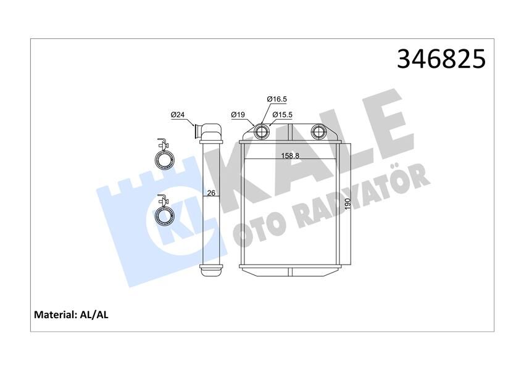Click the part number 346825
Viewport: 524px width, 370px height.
441,59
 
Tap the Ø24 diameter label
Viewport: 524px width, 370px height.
178,115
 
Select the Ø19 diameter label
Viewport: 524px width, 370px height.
238,115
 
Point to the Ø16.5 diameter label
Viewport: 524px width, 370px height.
277,99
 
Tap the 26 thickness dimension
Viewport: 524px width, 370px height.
210,193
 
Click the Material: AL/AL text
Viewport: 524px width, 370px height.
70,314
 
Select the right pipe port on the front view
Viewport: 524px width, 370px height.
318,131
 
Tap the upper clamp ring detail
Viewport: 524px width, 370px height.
165,159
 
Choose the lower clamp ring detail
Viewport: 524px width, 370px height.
165,214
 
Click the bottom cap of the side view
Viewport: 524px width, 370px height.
210,268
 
